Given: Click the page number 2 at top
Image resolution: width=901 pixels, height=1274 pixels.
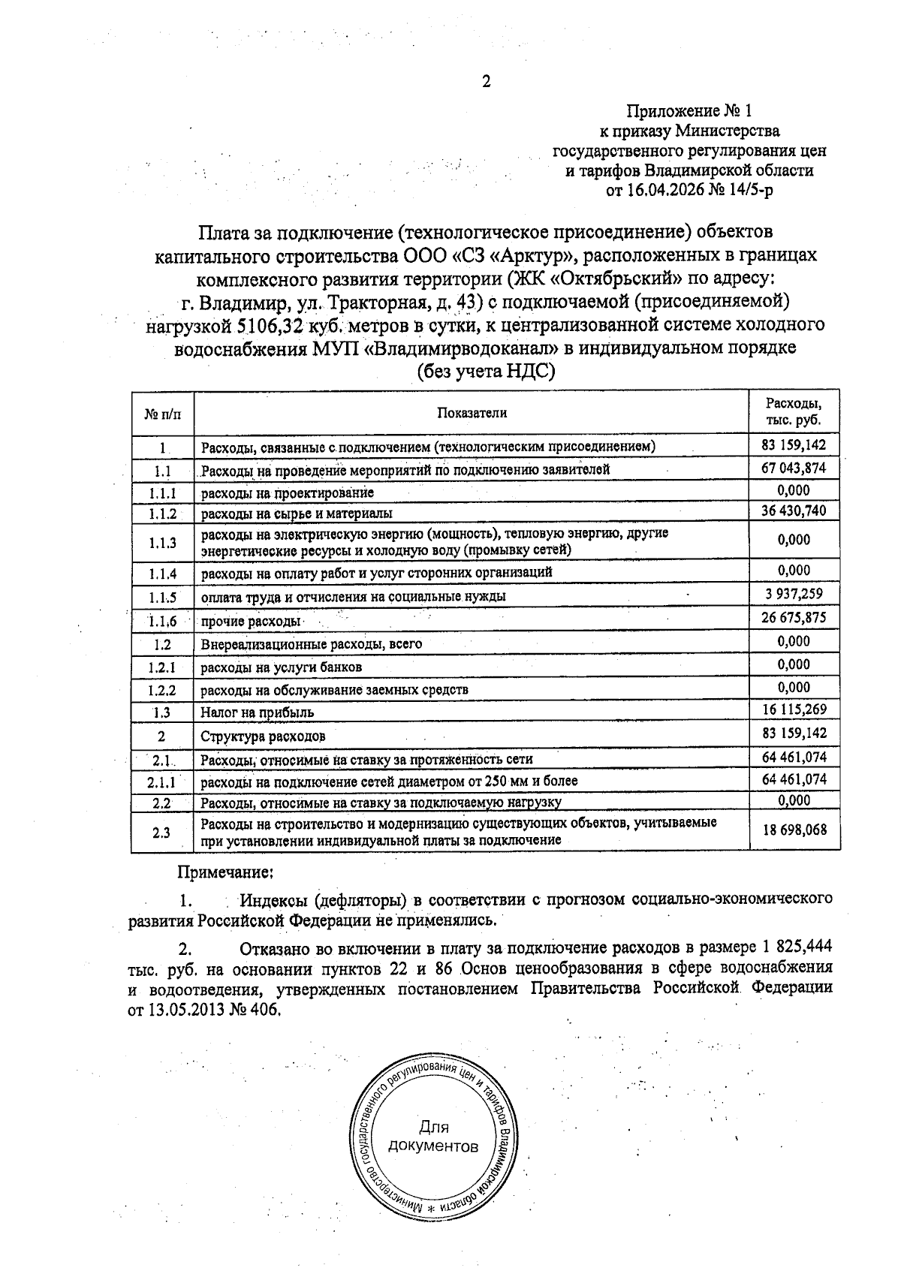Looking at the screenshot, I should click(486, 82).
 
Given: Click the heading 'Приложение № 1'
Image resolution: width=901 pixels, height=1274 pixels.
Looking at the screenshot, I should click(689, 112).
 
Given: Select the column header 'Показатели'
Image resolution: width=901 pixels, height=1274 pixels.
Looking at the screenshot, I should click(472, 413).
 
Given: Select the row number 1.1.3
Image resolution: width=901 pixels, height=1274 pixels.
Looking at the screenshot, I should click(162, 542).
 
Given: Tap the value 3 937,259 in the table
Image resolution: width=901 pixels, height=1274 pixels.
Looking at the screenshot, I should click(794, 594).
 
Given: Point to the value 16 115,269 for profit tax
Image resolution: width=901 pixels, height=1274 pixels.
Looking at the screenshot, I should click(794, 710).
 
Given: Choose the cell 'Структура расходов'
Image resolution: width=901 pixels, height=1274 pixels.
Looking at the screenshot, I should click(263, 736).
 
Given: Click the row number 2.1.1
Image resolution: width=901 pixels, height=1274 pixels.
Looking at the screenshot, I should click(162, 782).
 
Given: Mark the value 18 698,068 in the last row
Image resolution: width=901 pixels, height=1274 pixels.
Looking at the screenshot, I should click(794, 830).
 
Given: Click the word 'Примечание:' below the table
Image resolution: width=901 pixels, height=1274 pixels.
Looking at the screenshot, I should click(224, 872).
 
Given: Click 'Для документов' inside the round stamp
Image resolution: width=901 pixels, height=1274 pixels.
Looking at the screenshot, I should click(433, 1137).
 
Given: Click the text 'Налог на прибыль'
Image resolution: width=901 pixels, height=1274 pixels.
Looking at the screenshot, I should click(257, 712).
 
